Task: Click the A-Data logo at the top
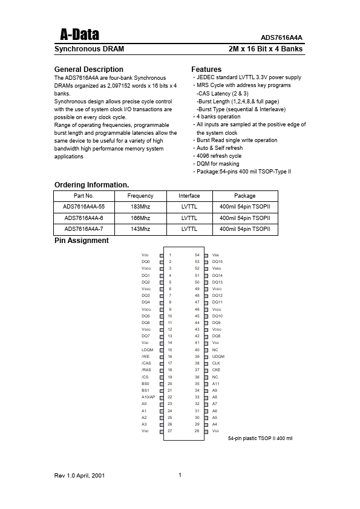76,34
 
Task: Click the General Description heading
89,70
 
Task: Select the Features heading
206,70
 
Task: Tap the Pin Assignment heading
82,241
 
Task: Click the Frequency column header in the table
140,196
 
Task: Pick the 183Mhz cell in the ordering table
140,207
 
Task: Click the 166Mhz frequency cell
140,218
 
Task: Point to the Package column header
244,196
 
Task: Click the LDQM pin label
147,350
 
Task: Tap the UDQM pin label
218,357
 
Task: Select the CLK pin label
216,363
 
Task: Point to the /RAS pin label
146,370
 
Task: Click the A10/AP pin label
148,397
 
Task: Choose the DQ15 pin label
217,262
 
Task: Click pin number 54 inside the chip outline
197,255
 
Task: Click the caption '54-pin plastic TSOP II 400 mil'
260,438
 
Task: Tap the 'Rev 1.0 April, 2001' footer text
80,476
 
